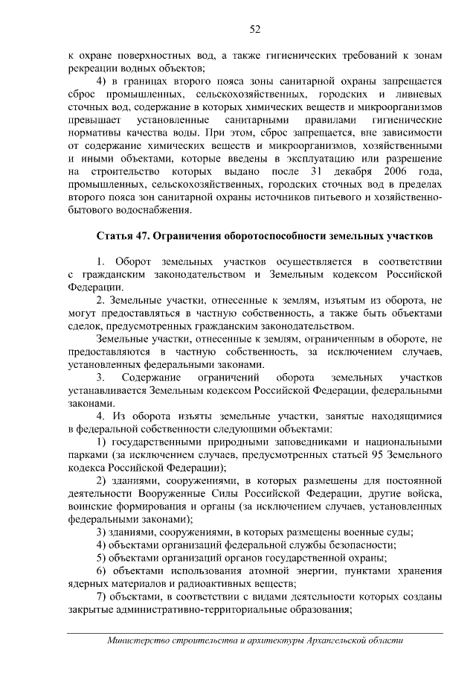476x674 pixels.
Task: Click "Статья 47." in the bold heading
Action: [124, 237]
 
